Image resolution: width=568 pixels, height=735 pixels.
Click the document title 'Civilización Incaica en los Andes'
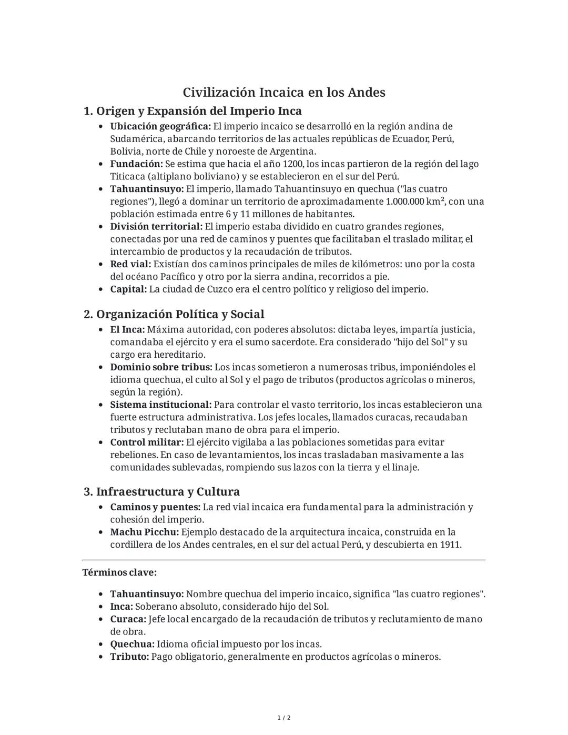(x=284, y=93)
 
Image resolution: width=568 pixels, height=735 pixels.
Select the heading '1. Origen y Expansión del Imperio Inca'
(x=192, y=111)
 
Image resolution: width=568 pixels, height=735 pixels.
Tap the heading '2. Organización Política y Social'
(x=174, y=314)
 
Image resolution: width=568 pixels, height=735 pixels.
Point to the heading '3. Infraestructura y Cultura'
(x=161, y=491)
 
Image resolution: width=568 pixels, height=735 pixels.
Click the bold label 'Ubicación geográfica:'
(x=160, y=126)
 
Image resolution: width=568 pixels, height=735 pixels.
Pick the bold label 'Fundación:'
(x=136, y=164)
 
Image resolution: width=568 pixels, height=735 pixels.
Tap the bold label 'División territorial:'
(x=156, y=227)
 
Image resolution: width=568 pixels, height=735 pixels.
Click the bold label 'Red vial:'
(x=130, y=264)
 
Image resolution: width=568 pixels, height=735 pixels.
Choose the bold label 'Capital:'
(x=128, y=289)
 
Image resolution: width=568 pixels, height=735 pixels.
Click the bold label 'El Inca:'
(x=127, y=329)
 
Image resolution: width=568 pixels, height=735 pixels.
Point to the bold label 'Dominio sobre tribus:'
(x=161, y=367)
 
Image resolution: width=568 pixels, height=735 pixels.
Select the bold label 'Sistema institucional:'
(x=160, y=405)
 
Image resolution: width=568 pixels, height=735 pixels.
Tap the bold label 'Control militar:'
(x=147, y=442)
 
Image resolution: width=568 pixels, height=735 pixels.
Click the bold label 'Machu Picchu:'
(x=145, y=532)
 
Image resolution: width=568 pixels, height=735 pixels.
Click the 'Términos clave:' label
(x=119, y=572)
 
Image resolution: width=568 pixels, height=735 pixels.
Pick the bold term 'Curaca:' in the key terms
(x=128, y=619)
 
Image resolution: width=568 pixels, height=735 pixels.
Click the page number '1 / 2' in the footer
(x=284, y=718)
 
